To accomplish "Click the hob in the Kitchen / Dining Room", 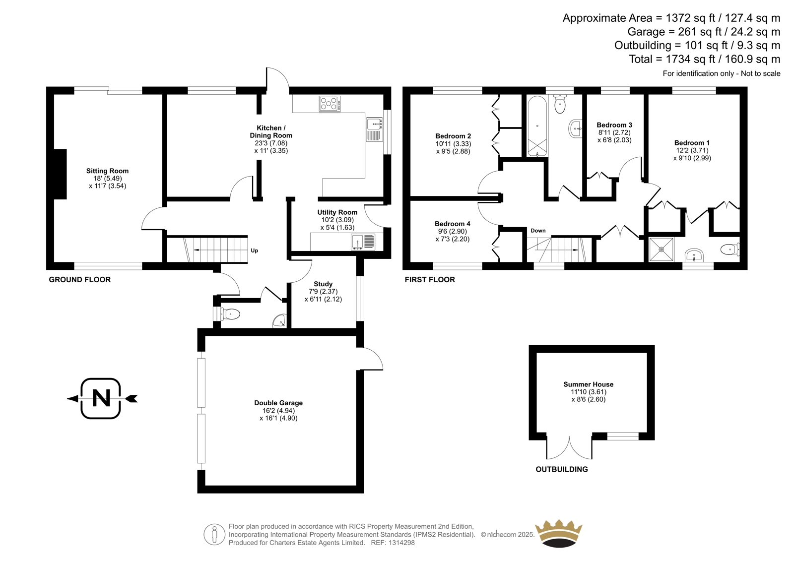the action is point(330,104).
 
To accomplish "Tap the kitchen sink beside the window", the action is point(374,129).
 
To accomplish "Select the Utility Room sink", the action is point(363,242).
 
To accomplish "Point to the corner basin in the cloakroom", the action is point(280,321).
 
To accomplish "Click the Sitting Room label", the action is point(107,171).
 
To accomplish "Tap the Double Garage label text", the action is point(278,403).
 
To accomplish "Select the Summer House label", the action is point(589,384).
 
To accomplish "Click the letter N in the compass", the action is point(101,398).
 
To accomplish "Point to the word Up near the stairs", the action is point(255,250).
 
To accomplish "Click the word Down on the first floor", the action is point(538,231).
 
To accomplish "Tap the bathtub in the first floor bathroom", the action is point(537,126).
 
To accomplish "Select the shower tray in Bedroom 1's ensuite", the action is point(662,249).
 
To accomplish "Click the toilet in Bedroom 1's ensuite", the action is point(730,249).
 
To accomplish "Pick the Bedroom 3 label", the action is point(614,125).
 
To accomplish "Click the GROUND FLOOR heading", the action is point(80,280).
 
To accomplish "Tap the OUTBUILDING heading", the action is point(562,469).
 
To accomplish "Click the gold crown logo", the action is point(559,534).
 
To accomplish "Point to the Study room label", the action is point(323,284).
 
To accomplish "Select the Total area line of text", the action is point(705,59).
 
